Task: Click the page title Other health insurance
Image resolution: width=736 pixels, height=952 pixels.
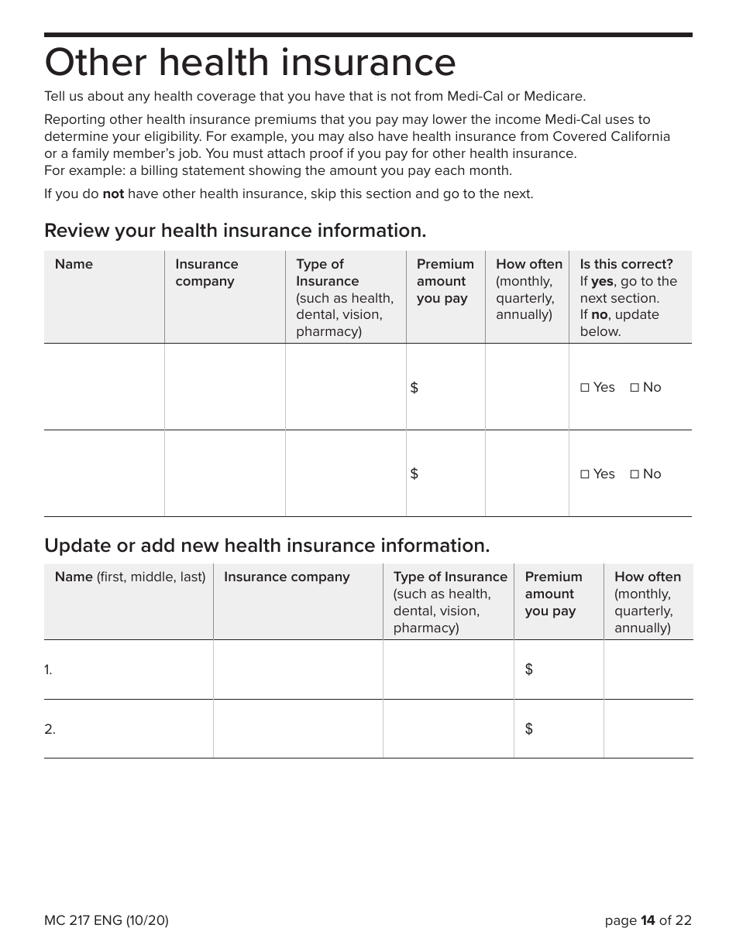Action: pos(249,63)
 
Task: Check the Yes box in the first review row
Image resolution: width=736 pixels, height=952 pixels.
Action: pos(585,388)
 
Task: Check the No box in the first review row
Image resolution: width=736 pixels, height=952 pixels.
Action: pos(635,388)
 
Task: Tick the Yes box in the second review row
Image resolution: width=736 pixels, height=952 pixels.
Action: pos(585,474)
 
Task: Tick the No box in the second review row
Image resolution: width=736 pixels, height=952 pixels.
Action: pos(635,474)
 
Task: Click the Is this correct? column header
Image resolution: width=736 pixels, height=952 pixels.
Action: pos(626,264)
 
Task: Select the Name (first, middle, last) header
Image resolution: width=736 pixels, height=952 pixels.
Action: pos(129,577)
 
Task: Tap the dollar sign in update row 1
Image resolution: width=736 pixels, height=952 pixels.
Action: pos(529,669)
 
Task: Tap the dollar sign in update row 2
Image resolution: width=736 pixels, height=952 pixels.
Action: pos(529,729)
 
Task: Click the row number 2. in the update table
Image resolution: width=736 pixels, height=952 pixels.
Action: pos(50,729)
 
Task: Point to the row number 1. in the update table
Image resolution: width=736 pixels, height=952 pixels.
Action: pos(48,670)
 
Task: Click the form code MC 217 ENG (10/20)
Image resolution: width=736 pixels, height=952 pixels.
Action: pos(106,920)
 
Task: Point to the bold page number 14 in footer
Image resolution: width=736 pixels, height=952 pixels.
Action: pos(648,920)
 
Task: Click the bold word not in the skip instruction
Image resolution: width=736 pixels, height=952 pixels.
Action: pos(113,193)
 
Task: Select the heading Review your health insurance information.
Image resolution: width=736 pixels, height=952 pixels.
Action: pos(235,231)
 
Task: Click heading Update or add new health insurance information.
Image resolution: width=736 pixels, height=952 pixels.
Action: pos(267,546)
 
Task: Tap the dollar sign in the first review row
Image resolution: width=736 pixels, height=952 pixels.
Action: pos(414,388)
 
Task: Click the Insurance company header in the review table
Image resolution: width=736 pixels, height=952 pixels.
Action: pos(206,272)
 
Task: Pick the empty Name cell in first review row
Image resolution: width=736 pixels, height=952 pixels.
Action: pos(104,387)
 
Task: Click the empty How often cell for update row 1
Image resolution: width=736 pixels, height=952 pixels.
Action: pos(648,669)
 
